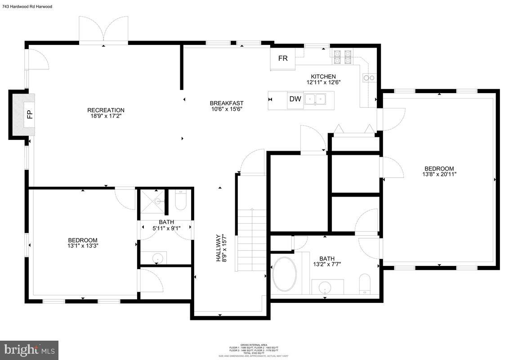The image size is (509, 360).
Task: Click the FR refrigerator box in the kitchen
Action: coord(283,59)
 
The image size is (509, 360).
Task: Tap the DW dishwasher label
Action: coord(295,99)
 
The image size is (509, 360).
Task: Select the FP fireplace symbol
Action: coord(30,114)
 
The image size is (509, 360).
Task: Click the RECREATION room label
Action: coord(106,110)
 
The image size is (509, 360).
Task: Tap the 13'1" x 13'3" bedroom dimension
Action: coord(83,246)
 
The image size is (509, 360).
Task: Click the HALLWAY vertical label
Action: coord(219,247)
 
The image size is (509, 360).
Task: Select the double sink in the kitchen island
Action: coord(315,99)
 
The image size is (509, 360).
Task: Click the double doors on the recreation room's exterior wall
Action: coord(104,30)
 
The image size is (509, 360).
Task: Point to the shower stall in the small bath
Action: coord(152,202)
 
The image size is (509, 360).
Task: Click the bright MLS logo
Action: coord(29,350)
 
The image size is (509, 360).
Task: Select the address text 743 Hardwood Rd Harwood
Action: coord(27,7)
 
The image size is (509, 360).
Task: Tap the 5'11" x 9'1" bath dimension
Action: coord(166,228)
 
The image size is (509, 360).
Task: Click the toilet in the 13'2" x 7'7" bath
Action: coord(365,284)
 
